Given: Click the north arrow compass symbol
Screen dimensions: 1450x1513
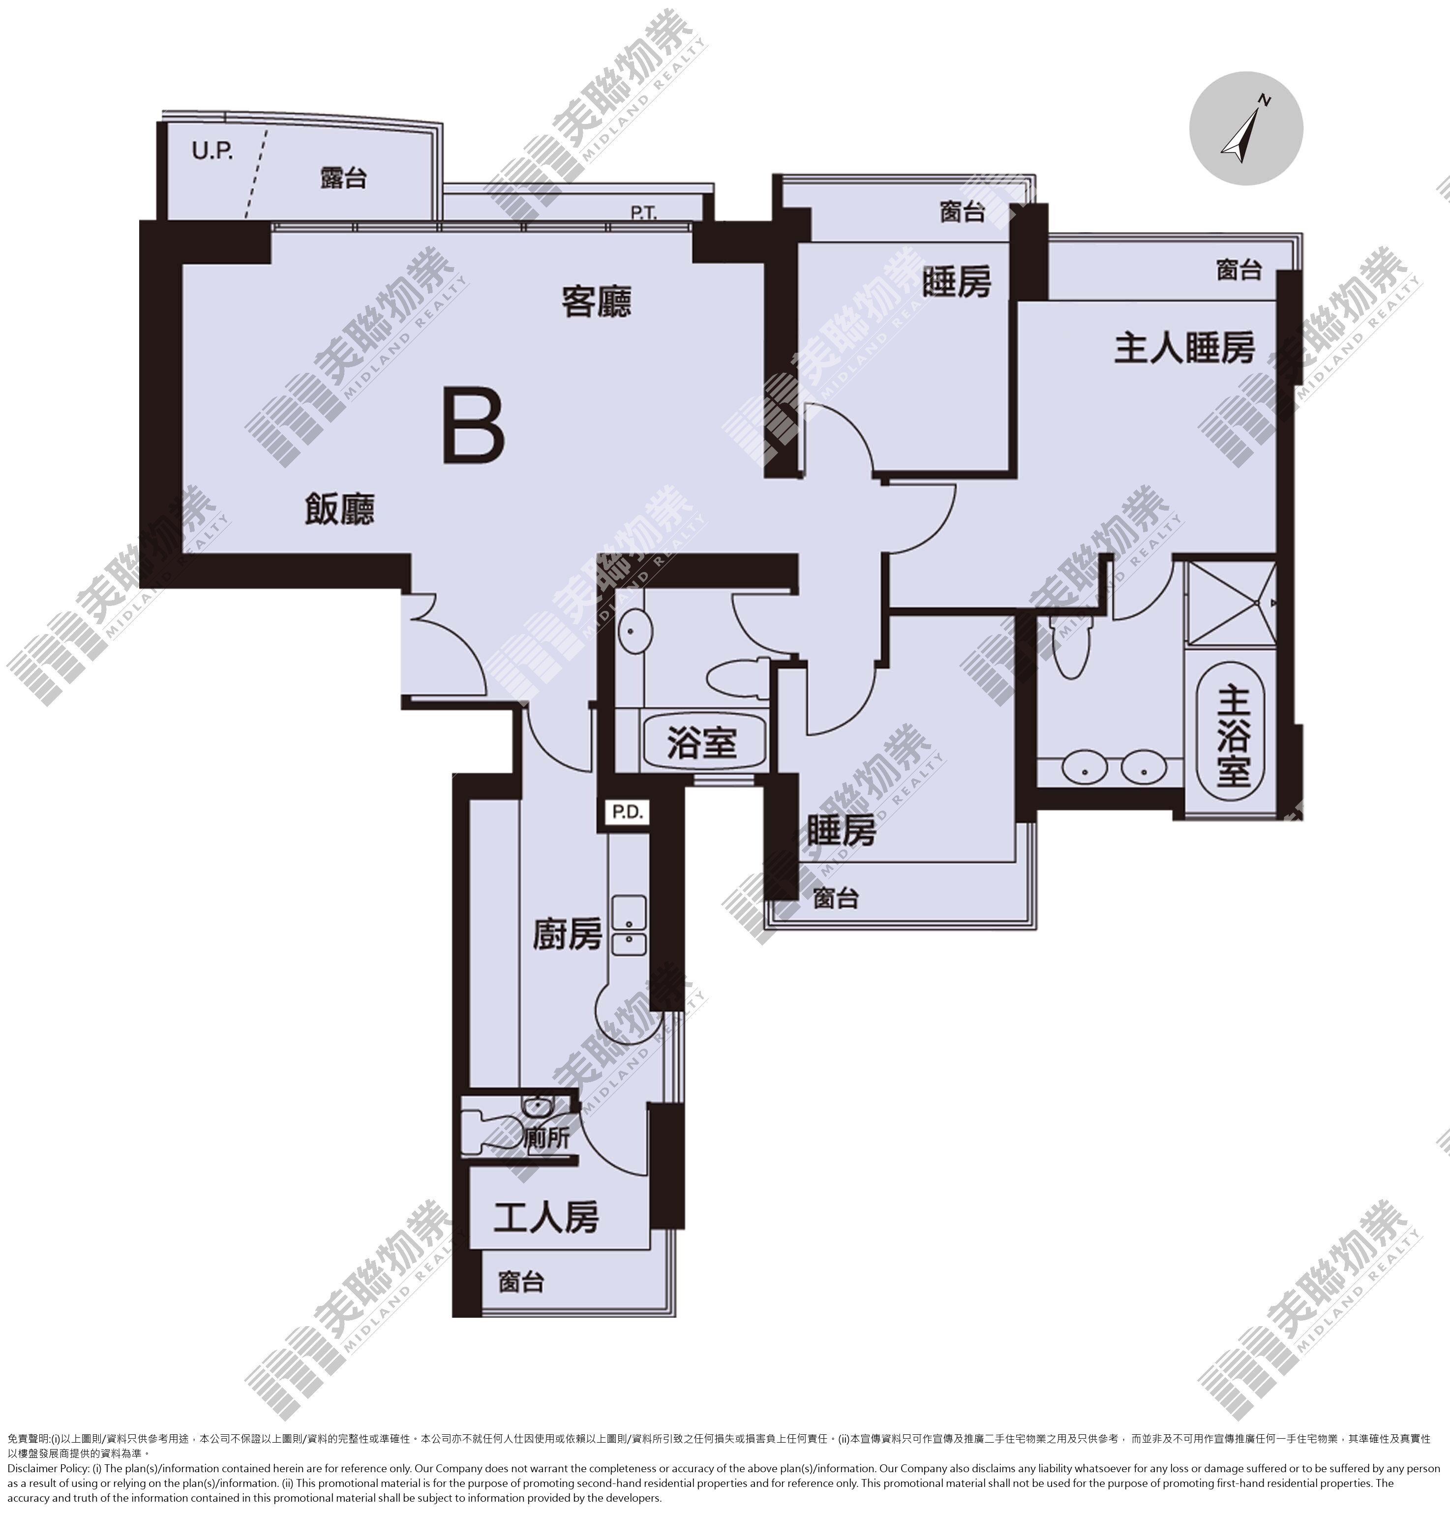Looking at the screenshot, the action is (1244, 128).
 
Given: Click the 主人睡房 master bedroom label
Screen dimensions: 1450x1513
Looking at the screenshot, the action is (1183, 348).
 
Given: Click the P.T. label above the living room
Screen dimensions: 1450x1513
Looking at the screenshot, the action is (644, 213).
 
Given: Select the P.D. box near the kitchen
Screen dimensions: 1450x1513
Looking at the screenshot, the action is (627, 812).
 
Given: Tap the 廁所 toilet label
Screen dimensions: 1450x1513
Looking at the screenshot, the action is (546, 1139).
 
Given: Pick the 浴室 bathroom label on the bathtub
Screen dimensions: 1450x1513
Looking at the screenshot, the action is (702, 743).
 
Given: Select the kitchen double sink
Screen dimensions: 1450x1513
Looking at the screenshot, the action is (629, 926).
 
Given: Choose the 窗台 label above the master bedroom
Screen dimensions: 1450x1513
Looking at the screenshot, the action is (1239, 270).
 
